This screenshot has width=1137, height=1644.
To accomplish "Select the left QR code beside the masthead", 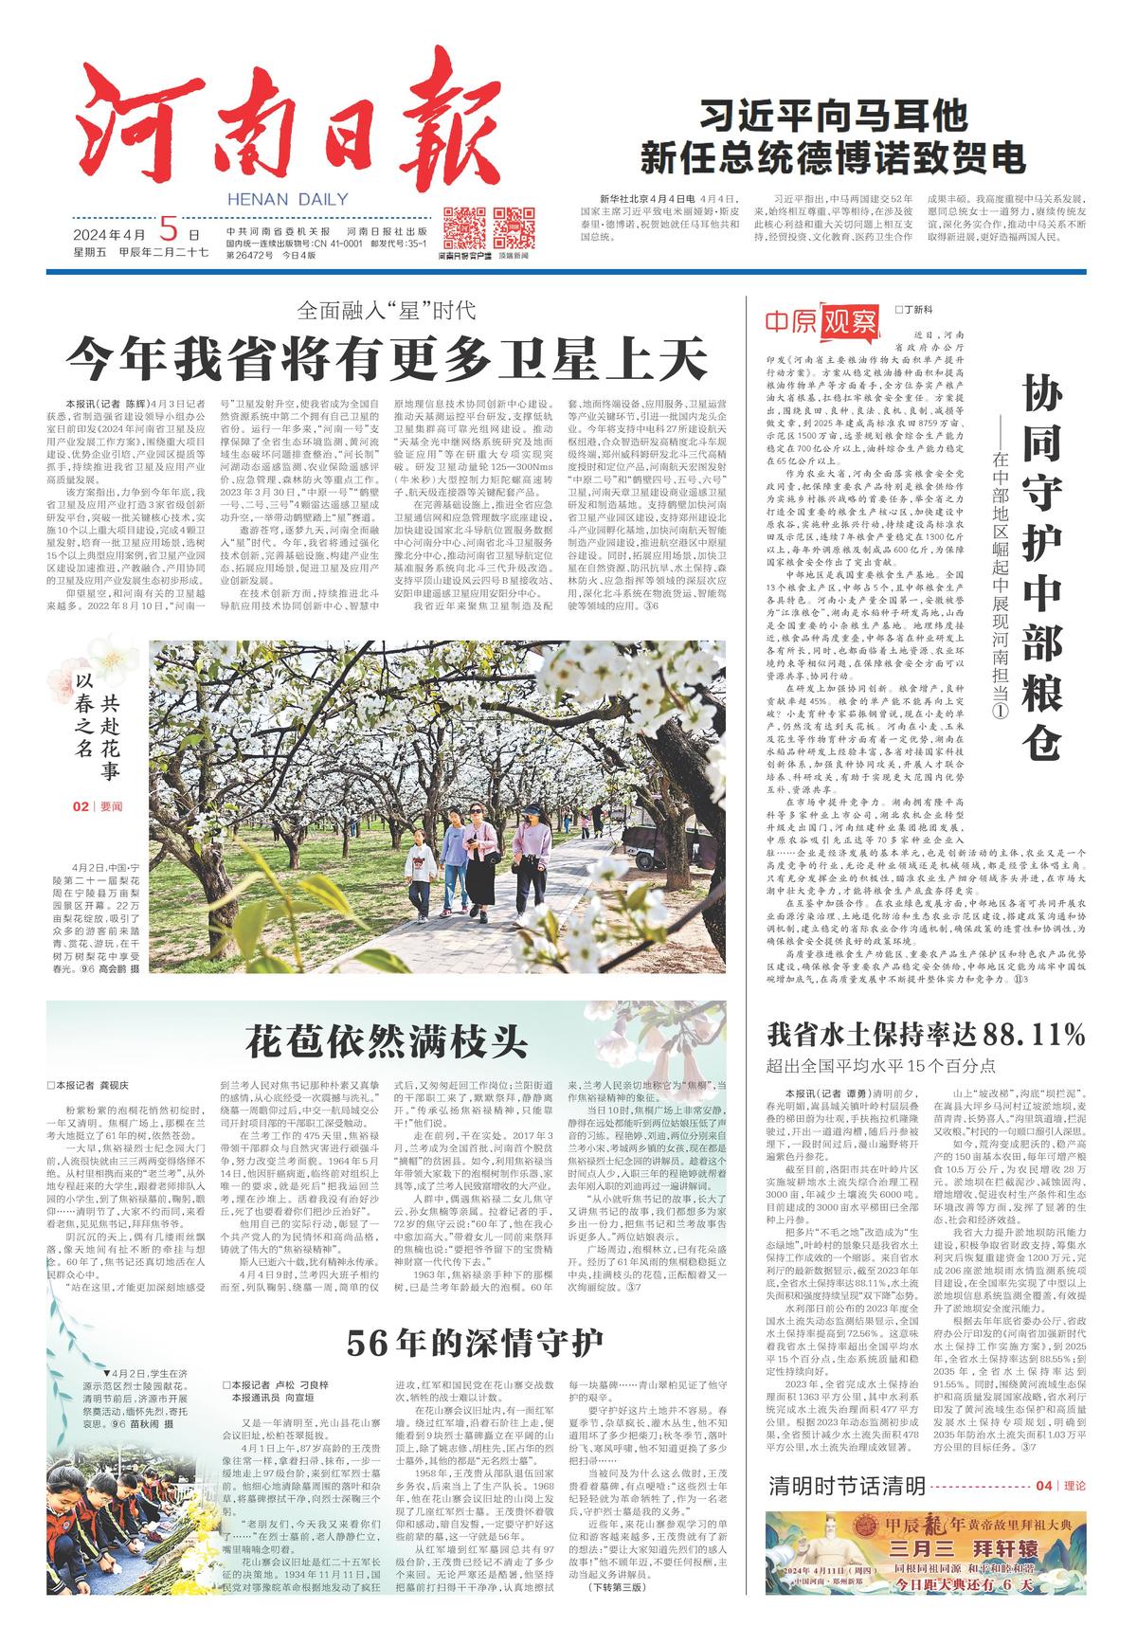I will pos(459,226).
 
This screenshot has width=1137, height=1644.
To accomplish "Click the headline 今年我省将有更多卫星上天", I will pos(387,358).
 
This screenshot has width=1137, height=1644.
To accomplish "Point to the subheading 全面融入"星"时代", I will pos(386,309).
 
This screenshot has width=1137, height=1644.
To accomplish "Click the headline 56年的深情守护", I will pos(474,1342).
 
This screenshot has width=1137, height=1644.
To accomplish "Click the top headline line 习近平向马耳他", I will pos(833,117).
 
